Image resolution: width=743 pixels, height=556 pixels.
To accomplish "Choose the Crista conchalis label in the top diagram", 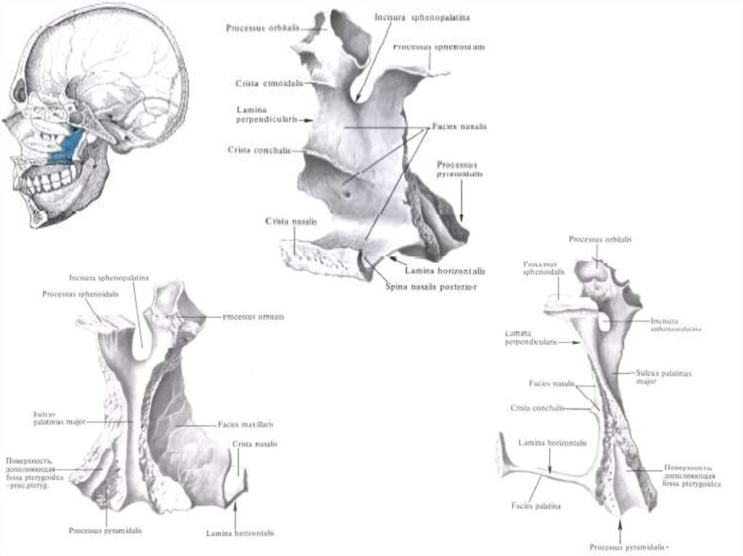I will pyautogui.click(x=259, y=150).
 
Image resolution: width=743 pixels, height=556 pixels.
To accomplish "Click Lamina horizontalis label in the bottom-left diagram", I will pyautogui.click(x=239, y=533).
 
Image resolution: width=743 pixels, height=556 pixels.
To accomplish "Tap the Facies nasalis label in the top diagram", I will pyautogui.click(x=459, y=126).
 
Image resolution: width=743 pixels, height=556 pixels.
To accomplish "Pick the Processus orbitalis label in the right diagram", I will pyautogui.click(x=599, y=239).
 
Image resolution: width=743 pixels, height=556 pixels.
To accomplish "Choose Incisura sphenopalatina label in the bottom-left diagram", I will pyautogui.click(x=109, y=278).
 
